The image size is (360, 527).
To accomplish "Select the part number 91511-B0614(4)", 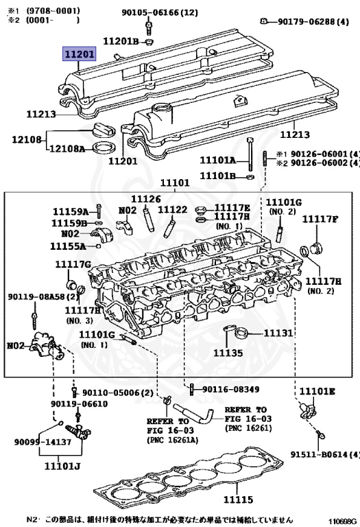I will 324,454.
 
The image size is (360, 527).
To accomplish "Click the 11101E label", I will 317,392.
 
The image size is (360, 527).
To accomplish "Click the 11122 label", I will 173,209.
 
